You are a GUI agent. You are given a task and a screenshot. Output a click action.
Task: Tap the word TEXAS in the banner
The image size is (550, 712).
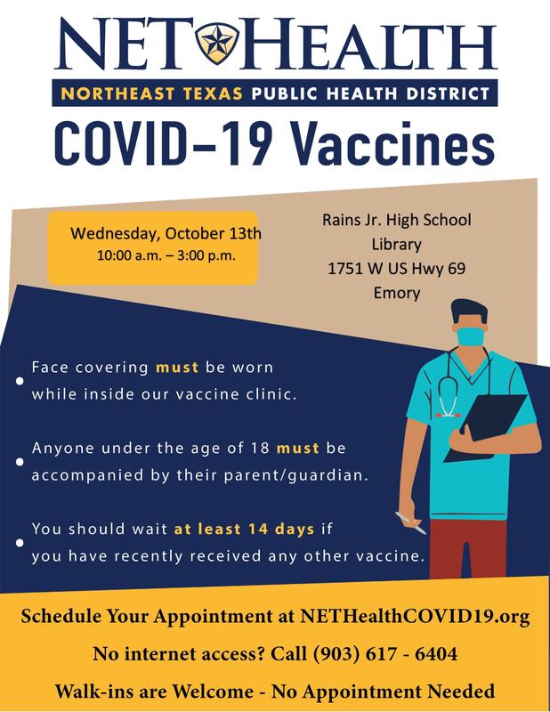[x=213, y=93]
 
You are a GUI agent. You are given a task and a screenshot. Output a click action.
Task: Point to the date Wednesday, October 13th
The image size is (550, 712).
[x=166, y=233]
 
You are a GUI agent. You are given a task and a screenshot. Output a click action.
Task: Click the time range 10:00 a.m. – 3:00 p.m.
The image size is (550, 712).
[x=166, y=255]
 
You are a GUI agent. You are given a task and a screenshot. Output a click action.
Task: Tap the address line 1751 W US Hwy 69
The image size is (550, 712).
[x=397, y=269]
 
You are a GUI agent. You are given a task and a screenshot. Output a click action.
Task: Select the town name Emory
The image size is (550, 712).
[x=397, y=293]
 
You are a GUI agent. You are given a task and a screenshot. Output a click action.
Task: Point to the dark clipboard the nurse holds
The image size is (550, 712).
[x=486, y=428]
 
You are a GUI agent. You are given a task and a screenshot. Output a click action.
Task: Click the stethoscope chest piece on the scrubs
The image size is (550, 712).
[x=448, y=414]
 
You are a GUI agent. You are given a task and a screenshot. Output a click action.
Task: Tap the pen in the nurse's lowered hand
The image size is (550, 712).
[x=410, y=522]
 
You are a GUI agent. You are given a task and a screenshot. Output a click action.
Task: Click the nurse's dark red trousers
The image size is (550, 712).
[x=468, y=548]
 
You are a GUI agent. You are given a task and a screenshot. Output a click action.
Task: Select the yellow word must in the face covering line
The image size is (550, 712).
[x=177, y=367]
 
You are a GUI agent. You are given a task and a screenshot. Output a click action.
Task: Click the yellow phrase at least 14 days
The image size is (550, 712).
[x=245, y=529]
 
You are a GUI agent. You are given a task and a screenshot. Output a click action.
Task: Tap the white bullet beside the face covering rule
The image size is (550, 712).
[x=20, y=381]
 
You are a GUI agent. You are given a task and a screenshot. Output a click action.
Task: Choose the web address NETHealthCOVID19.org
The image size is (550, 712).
[x=415, y=616]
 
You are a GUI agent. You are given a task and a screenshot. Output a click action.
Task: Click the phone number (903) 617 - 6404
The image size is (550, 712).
[x=384, y=654]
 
